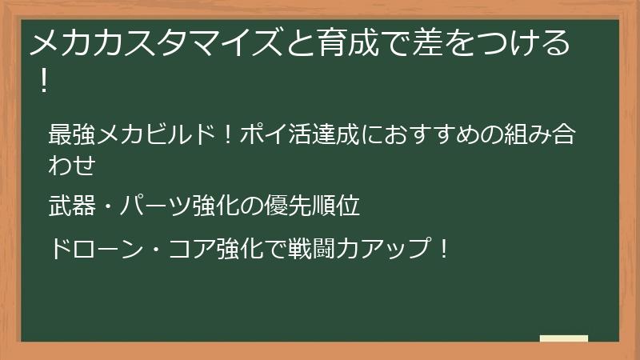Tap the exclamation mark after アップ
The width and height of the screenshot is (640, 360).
pyautogui.click(x=444, y=249)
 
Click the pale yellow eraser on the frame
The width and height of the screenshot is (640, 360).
pyautogui.click(x=563, y=339)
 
